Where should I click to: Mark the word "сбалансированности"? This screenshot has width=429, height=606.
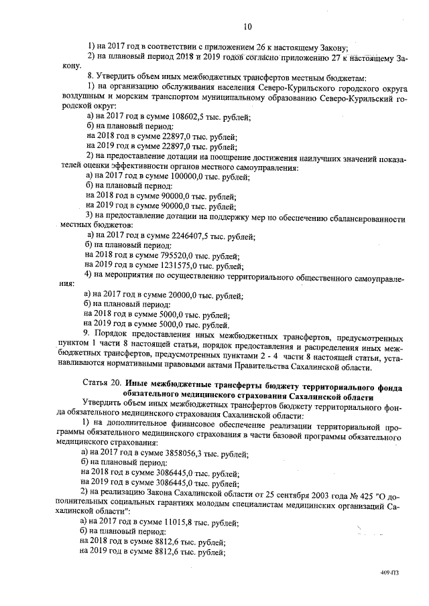(x=361, y=218)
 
